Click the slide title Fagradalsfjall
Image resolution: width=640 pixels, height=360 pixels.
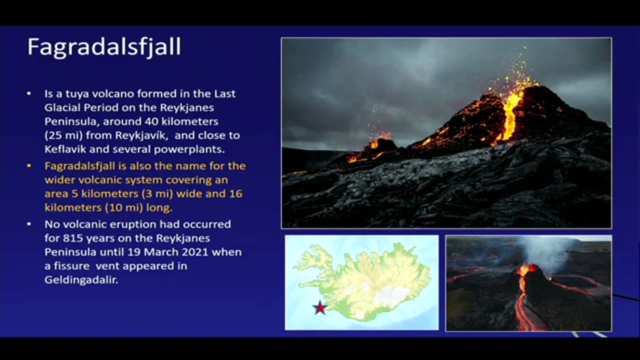click(x=104, y=47)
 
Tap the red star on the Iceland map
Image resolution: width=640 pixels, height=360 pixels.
click(x=319, y=307)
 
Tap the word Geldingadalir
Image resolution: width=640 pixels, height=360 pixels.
click(x=81, y=280)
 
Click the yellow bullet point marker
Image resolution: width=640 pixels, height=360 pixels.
click(x=29, y=165)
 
